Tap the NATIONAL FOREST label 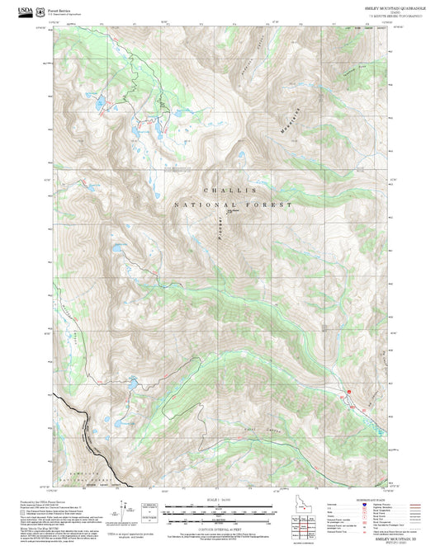[233, 204]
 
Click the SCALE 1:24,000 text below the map [220, 499]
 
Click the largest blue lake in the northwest [99, 105]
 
